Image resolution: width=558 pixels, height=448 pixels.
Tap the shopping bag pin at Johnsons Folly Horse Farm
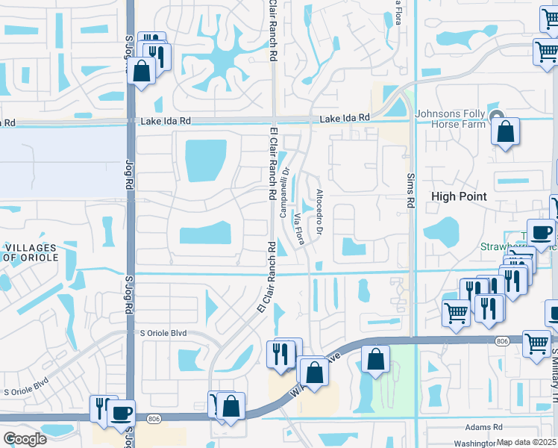pos(505,133)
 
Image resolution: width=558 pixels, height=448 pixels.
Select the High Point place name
pos(460,196)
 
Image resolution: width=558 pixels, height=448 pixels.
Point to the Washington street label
pos(477,443)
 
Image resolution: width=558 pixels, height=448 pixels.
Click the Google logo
pos(25,438)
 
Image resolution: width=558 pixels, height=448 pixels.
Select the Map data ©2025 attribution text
pos(527,443)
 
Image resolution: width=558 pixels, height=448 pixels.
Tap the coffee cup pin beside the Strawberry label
pos(540,232)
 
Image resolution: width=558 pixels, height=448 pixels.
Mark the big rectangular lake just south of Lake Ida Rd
pos(206,161)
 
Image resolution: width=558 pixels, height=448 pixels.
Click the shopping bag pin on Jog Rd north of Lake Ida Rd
pos(141,72)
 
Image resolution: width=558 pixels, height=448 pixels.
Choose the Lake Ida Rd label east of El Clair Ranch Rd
pos(345,118)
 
